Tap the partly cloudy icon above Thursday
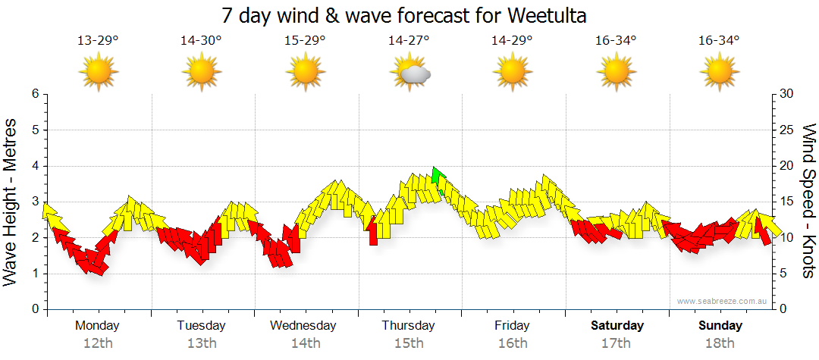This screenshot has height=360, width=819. [410, 73]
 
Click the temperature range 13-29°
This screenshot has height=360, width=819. [98, 40]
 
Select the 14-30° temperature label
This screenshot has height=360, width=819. [201, 40]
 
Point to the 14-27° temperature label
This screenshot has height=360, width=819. [409, 40]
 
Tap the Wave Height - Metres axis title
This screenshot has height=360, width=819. [11, 201]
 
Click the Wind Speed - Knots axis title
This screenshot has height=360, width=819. [808, 201]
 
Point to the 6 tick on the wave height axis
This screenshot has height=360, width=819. [34, 94]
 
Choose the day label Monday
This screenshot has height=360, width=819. [97, 326]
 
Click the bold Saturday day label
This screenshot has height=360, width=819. [617, 326]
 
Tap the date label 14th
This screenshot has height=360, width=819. [305, 343]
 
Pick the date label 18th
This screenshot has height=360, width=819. [720, 343]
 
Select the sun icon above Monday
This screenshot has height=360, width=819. [99, 73]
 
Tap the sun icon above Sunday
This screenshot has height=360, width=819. [720, 73]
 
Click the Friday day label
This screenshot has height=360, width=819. [512, 326]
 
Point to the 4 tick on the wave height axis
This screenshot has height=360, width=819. [34, 166]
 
